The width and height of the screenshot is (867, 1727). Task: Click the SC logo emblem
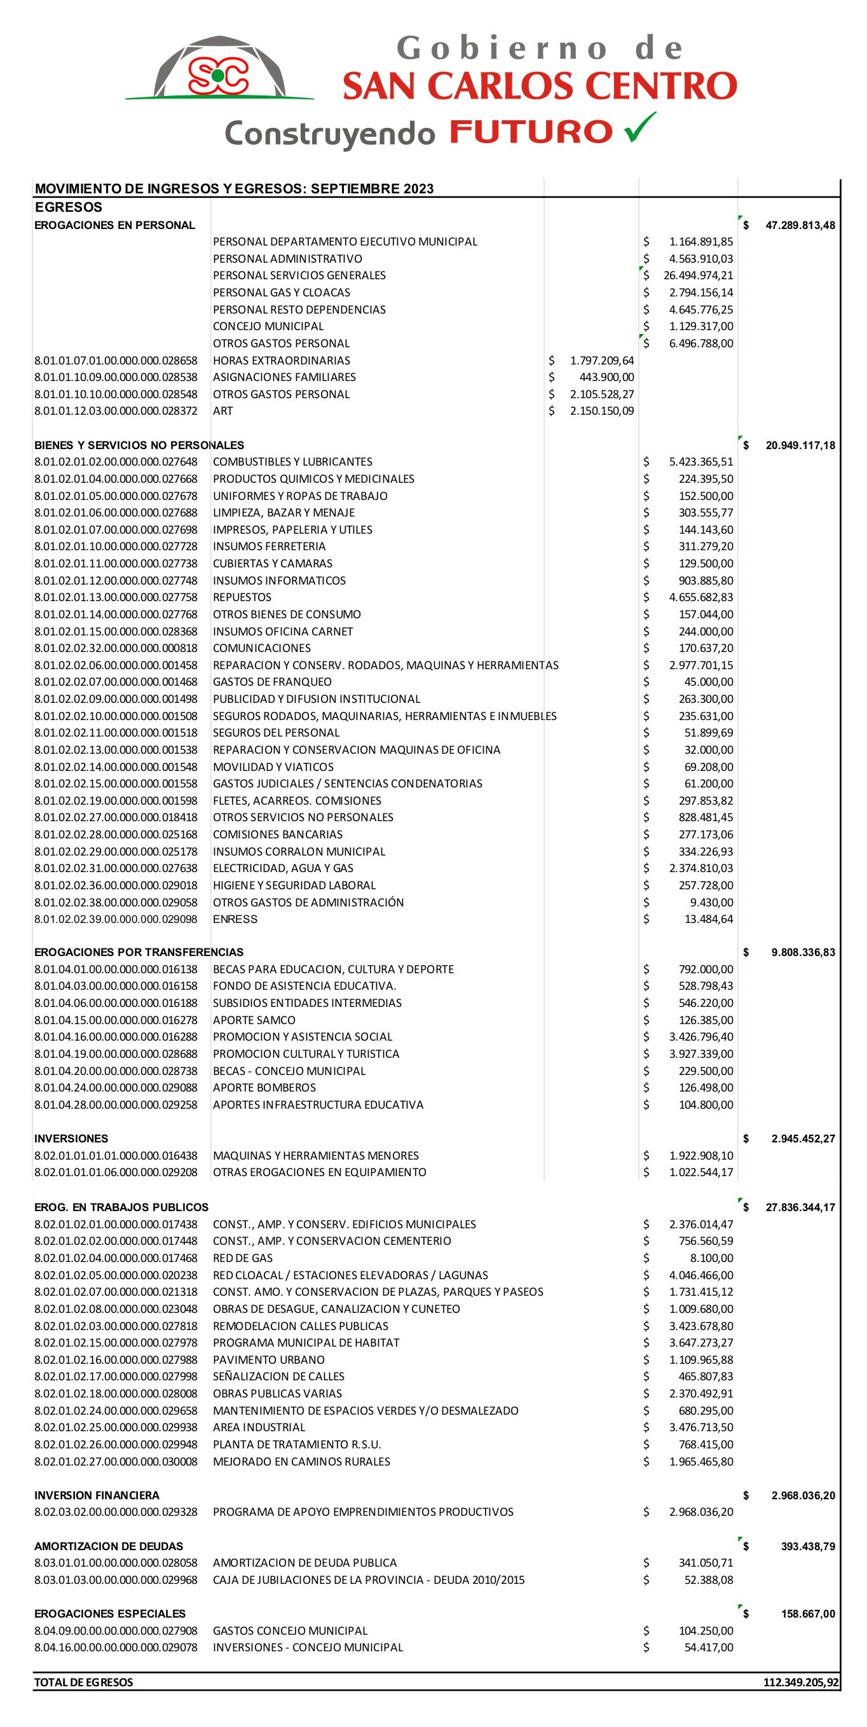(219, 75)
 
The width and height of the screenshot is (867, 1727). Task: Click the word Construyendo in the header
(330, 134)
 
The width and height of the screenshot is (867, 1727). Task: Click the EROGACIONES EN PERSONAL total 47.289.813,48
(800, 225)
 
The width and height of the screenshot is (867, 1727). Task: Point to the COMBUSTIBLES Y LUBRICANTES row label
(292, 462)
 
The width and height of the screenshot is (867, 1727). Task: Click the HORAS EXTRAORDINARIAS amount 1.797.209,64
(602, 361)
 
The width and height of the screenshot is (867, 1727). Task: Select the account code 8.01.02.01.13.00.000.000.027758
(116, 597)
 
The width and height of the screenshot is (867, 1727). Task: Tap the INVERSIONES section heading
(71, 1139)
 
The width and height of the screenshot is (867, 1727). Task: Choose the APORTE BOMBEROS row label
(264, 1088)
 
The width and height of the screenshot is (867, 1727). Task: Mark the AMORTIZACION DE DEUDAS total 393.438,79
(808, 1546)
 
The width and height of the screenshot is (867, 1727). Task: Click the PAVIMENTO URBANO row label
(269, 1359)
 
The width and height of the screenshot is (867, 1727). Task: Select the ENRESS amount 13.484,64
(708, 919)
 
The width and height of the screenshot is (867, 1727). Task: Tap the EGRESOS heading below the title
(69, 207)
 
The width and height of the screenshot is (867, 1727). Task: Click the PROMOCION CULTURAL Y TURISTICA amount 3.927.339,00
(701, 1054)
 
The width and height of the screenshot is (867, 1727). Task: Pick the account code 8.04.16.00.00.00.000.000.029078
(116, 1647)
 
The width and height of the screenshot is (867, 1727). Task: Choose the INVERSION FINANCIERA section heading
(97, 1495)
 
